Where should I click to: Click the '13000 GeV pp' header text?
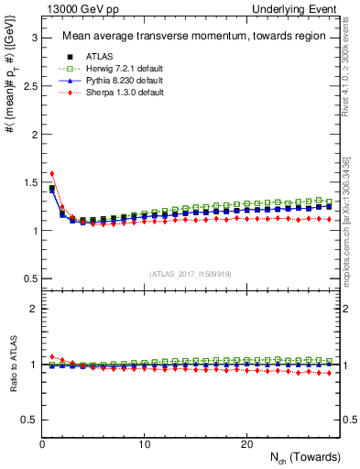[x=76, y=8]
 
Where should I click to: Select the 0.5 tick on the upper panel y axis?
[x=28, y=278]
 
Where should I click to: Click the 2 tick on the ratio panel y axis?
[x=33, y=309]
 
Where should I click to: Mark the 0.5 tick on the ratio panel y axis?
[x=28, y=420]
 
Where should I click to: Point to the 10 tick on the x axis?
[x=145, y=443]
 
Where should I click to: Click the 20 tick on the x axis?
[x=246, y=443]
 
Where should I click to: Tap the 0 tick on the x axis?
[x=43, y=443]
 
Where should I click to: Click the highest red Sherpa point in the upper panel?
[x=52, y=173]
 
